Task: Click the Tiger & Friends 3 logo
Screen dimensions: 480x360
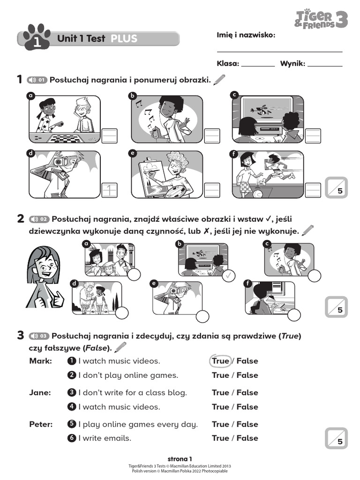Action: tap(322, 19)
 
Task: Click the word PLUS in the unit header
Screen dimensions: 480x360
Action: tap(124, 38)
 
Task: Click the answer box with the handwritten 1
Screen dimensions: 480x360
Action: tap(109, 190)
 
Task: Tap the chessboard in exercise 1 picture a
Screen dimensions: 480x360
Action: tap(64, 138)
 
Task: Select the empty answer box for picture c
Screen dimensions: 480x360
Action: tap(313, 135)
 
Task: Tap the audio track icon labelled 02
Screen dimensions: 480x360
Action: tap(38, 219)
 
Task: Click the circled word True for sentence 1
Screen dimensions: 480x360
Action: tap(220, 361)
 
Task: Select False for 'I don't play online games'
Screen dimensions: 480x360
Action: tap(247, 375)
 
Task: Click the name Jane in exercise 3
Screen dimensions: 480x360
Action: tap(40, 393)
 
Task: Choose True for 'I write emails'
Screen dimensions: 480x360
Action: tap(220, 438)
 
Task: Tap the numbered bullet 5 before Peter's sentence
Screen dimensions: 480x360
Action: tap(72, 424)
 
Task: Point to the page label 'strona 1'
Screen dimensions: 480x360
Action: tap(180, 459)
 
